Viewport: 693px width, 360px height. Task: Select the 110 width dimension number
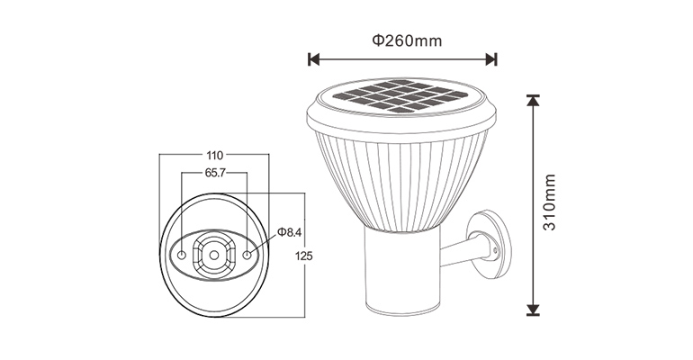click(x=213, y=154)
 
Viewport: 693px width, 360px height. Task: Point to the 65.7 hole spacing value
click(x=214, y=172)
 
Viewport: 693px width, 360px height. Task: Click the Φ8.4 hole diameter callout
click(x=288, y=233)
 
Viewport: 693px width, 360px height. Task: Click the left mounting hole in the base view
click(x=183, y=256)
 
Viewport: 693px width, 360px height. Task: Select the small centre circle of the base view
click(x=214, y=255)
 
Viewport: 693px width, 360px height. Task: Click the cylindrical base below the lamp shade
click(x=402, y=270)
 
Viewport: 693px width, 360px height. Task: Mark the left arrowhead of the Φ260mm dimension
click(x=312, y=59)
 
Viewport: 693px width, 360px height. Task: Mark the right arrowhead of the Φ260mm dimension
click(x=492, y=59)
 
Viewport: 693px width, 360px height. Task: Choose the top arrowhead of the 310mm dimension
click(x=533, y=99)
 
